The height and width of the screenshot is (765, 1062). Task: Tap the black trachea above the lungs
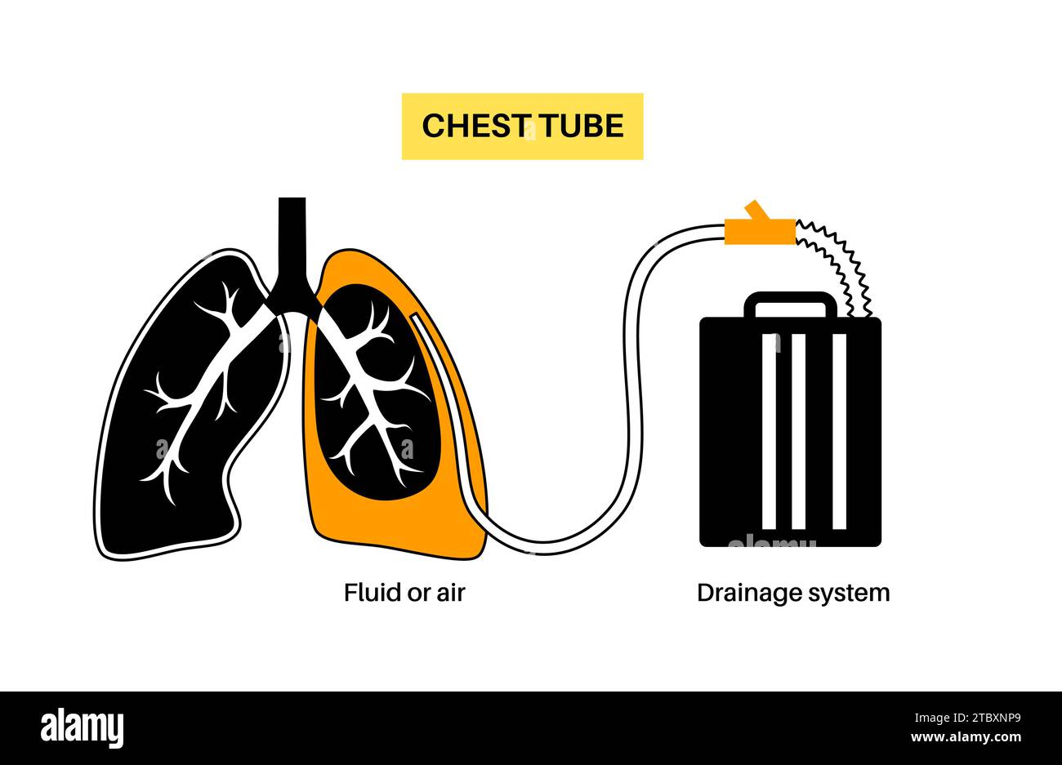pyautogui.click(x=292, y=237)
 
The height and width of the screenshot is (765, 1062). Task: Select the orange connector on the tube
pyautogui.click(x=760, y=230)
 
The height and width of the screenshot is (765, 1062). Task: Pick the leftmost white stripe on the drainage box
pyautogui.click(x=769, y=431)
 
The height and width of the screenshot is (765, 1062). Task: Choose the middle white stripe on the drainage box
pyautogui.click(x=799, y=431)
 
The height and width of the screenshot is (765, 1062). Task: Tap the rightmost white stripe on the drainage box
pyautogui.click(x=839, y=431)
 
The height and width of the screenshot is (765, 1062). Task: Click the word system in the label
pyautogui.click(x=849, y=594)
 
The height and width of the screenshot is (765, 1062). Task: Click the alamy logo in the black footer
pyautogui.click(x=82, y=727)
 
